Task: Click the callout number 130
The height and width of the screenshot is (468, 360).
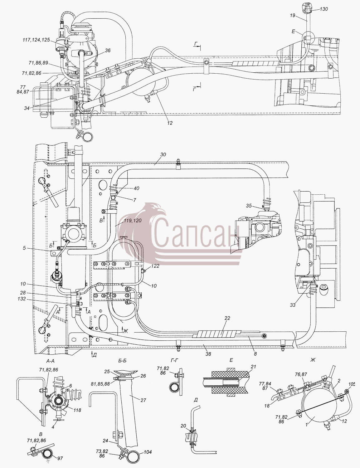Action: point(324,9)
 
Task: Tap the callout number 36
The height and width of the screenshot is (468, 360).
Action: point(107,51)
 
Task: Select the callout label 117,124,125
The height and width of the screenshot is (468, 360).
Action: point(36,40)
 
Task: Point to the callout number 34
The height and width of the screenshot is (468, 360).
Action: point(27,108)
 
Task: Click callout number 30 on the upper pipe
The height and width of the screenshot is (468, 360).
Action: point(163,155)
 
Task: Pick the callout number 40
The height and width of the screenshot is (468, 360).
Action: point(136,188)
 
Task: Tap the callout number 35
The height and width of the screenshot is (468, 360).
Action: point(249,206)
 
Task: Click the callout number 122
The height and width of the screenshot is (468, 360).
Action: point(155,266)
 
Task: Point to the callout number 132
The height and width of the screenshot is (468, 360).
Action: point(22,299)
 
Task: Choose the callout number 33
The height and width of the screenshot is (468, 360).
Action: point(293,305)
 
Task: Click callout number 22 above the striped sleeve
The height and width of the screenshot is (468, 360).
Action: point(227,318)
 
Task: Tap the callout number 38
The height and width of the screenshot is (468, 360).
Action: point(208,354)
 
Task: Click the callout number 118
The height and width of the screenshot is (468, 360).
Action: point(77,410)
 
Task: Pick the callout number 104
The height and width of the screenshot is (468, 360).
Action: point(148,450)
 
